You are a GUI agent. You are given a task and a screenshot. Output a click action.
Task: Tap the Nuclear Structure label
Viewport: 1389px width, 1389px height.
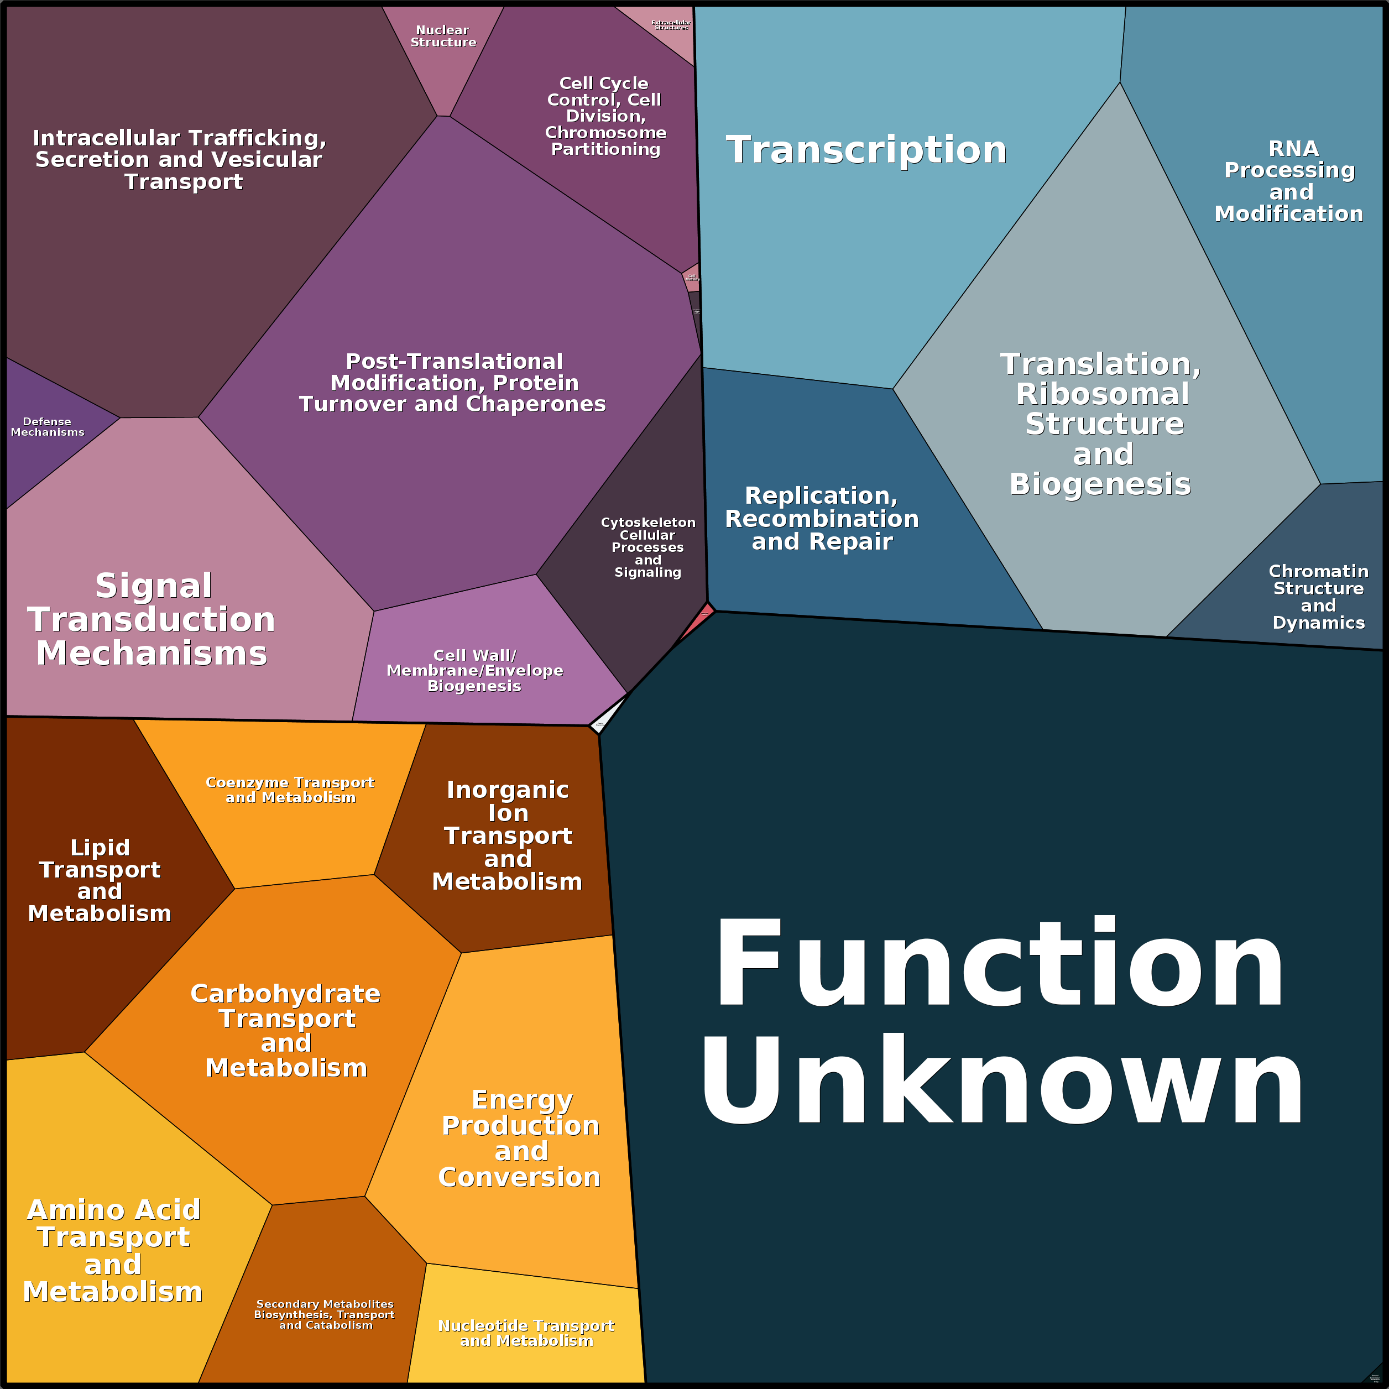(443, 36)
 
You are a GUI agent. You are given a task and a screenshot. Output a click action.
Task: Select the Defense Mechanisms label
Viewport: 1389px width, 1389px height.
(48, 426)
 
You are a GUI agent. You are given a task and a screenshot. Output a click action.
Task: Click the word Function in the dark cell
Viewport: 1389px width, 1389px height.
(999, 964)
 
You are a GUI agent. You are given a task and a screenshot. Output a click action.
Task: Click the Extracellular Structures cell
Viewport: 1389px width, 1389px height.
(670, 26)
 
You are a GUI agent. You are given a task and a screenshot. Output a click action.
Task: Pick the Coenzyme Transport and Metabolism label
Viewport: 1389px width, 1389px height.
(290, 790)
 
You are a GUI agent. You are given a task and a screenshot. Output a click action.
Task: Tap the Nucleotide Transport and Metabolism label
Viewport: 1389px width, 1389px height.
(526, 1333)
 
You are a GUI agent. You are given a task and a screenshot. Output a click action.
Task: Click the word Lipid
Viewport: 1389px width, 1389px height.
(100, 848)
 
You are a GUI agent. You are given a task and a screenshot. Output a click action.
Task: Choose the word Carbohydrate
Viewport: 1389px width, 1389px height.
(285, 994)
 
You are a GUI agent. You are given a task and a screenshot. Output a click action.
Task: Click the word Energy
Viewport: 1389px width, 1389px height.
(522, 1100)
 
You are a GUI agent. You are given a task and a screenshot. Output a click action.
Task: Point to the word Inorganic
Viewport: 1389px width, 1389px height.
(508, 790)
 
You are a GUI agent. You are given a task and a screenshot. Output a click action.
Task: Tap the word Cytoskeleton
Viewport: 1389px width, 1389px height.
(647, 523)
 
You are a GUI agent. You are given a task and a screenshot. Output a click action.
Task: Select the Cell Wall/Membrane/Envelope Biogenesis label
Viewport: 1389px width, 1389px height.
(474, 670)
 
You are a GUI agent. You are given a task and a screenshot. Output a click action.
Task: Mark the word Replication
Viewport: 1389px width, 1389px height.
(821, 495)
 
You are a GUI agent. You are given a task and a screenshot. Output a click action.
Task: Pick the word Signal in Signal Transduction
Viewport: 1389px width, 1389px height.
(153, 586)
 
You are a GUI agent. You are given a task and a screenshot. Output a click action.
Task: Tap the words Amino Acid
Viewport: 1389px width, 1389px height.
(113, 1210)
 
